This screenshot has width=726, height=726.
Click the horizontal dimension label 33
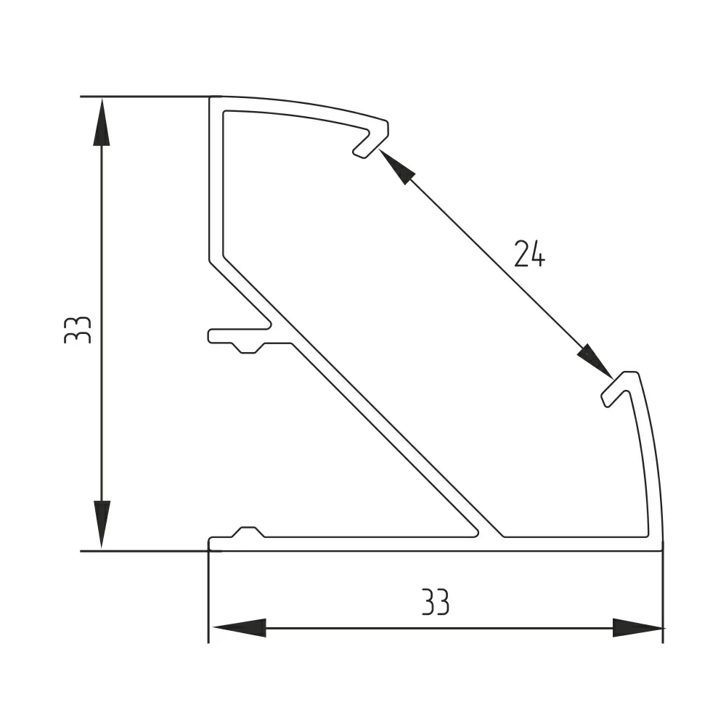point(436,602)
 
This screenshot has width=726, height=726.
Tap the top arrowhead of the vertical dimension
point(102,123)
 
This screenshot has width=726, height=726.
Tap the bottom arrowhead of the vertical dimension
point(102,523)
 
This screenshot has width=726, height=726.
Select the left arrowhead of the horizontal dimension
point(237,627)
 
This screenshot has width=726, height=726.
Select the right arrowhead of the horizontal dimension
point(637,627)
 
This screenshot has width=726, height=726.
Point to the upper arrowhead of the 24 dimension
point(396,166)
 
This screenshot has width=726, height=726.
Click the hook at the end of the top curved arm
point(372,139)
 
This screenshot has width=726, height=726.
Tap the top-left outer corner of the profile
point(210,97)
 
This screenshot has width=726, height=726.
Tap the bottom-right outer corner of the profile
point(662,550)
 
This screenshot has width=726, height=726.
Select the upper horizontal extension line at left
point(145,96)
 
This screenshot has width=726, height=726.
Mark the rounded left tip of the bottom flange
point(211,543)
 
